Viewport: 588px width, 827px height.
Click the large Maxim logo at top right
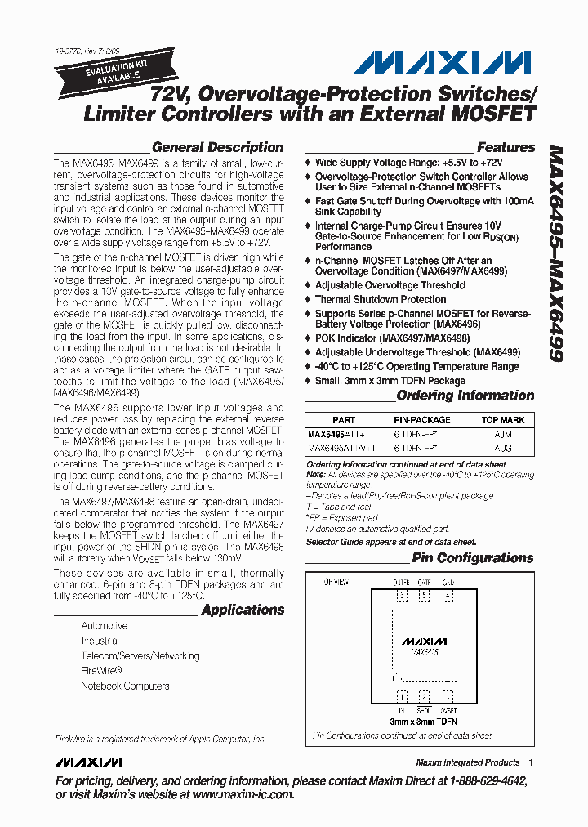(x=448, y=64)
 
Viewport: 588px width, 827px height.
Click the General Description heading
(x=217, y=148)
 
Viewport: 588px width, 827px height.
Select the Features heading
(x=505, y=148)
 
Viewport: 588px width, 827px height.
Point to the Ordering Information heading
(x=465, y=396)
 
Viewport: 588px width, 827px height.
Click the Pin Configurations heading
(x=472, y=558)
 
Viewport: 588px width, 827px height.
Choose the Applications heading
(x=243, y=610)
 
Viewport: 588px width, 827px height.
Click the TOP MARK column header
(x=502, y=420)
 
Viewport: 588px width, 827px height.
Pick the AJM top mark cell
(x=503, y=436)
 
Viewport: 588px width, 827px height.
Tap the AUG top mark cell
(x=503, y=448)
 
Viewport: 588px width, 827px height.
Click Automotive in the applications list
(x=104, y=626)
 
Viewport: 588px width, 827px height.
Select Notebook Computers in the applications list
(x=125, y=686)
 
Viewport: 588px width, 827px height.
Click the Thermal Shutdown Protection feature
(x=381, y=300)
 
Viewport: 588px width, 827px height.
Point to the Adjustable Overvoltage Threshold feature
(x=390, y=285)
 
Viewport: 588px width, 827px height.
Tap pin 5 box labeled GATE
(x=424, y=597)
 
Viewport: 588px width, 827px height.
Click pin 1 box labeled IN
(x=400, y=696)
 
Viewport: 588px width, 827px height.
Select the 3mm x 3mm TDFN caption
(x=422, y=722)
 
